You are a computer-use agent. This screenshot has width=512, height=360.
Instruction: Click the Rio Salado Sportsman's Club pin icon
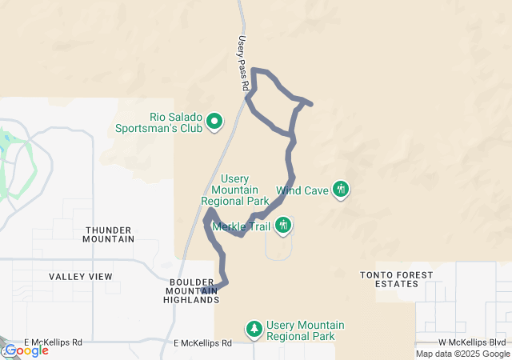point(214,122)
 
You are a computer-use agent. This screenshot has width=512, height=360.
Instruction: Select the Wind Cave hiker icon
point(342,190)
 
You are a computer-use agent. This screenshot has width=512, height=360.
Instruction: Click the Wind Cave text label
point(303,191)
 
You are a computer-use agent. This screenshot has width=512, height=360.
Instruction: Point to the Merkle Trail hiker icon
point(282,226)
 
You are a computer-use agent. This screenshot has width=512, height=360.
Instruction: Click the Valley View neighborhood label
point(81,277)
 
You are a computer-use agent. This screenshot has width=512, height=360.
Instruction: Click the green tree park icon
point(254,329)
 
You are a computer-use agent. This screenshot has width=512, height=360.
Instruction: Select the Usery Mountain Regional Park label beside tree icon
point(306,330)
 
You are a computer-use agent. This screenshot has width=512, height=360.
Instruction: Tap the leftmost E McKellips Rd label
point(54,342)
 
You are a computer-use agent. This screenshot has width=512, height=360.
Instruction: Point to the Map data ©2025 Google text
point(462,354)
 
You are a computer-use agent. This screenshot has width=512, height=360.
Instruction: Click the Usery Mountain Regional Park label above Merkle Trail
point(234,190)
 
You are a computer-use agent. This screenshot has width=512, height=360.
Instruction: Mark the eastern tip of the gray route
point(310,104)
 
